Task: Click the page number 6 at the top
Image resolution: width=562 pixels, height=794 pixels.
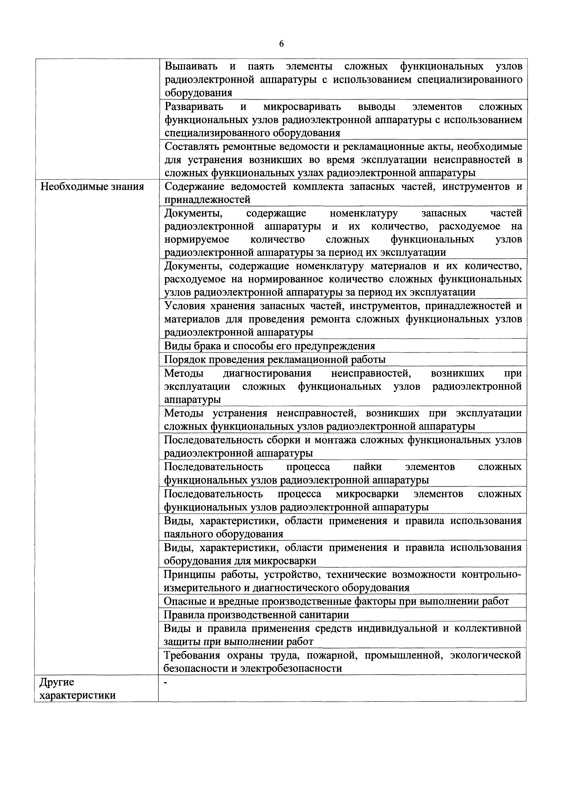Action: coord(281,44)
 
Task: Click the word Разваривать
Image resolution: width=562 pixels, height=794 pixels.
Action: coord(194,107)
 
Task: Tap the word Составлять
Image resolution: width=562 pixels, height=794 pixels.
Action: coord(192,147)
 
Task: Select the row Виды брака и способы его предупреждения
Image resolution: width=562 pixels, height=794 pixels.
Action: coord(269,346)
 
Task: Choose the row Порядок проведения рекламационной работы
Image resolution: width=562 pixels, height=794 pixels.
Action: coord(275,360)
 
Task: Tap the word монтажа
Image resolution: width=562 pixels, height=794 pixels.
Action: coord(332,440)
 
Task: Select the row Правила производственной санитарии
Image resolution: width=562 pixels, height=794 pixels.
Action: coord(256,615)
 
